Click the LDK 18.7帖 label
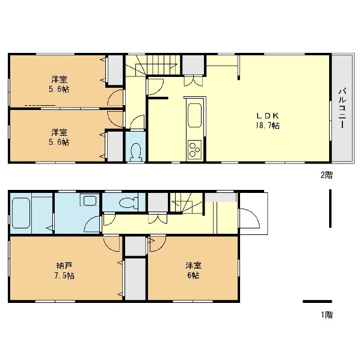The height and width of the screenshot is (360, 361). coord(268,121)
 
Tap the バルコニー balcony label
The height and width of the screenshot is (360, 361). coord(342,108)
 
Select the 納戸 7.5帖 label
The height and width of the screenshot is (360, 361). coord(64,270)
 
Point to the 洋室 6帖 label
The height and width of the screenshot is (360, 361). coord(193,270)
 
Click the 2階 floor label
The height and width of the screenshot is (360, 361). coord(327,175)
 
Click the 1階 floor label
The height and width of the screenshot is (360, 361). coord(327,315)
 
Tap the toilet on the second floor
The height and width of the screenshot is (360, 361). coord(136,152)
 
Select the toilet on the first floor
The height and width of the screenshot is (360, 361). coord(129,203)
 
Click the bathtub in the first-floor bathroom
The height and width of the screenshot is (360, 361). coord(21,213)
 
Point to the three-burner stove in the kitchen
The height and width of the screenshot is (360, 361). coord(194,149)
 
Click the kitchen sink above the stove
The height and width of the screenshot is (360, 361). coord(195,115)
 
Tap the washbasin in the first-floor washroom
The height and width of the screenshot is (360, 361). coord(90,200)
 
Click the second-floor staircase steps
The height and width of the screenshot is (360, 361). coord(153,65)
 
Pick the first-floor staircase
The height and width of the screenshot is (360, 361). coord(187,203)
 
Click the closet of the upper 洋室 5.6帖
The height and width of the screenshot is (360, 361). coord(116,70)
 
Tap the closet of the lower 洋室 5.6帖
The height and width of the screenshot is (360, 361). coord(115,147)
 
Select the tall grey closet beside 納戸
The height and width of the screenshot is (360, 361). coord(135,279)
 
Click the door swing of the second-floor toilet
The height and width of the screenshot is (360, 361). coord(137,123)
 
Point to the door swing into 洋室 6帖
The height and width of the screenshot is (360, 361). coord(158,243)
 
